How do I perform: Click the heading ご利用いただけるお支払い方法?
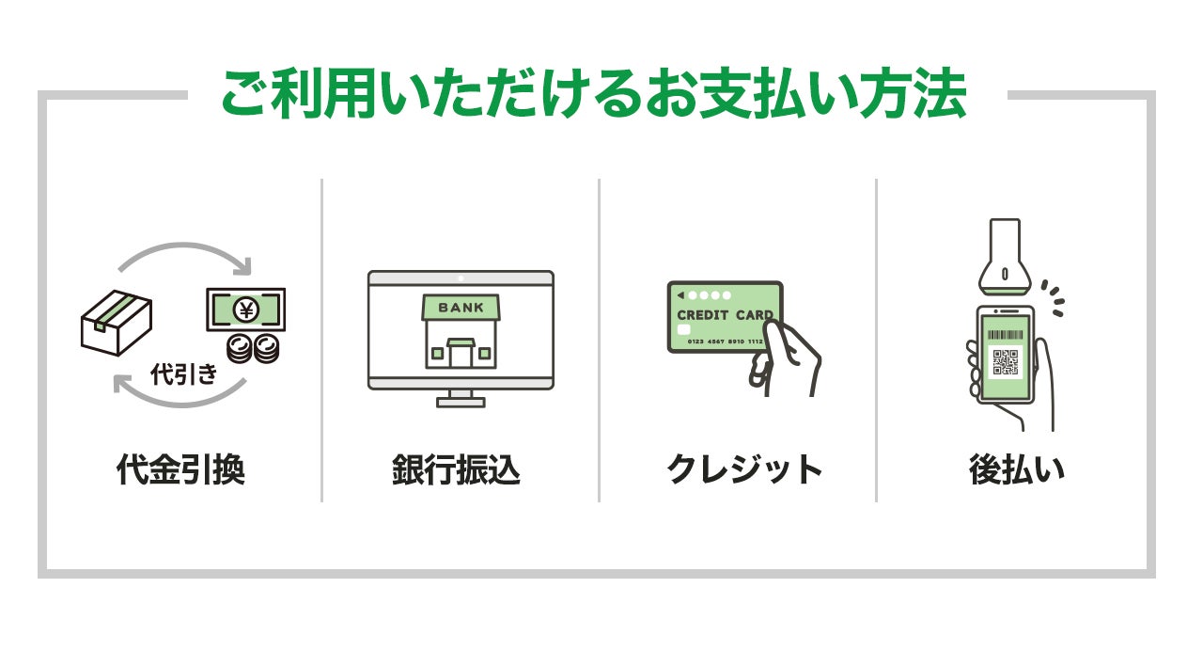pos(593,94)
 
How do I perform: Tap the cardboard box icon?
pos(116,322)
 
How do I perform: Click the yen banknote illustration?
pos(245,308)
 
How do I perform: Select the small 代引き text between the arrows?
pos(184,374)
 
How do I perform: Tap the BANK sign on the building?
pos(461,308)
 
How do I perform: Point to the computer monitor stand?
pos(461,398)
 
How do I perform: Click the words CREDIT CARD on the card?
pos(725,315)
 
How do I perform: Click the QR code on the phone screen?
pos(1006,362)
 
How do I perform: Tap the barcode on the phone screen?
pos(1006,334)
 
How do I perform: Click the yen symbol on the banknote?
pos(245,308)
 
